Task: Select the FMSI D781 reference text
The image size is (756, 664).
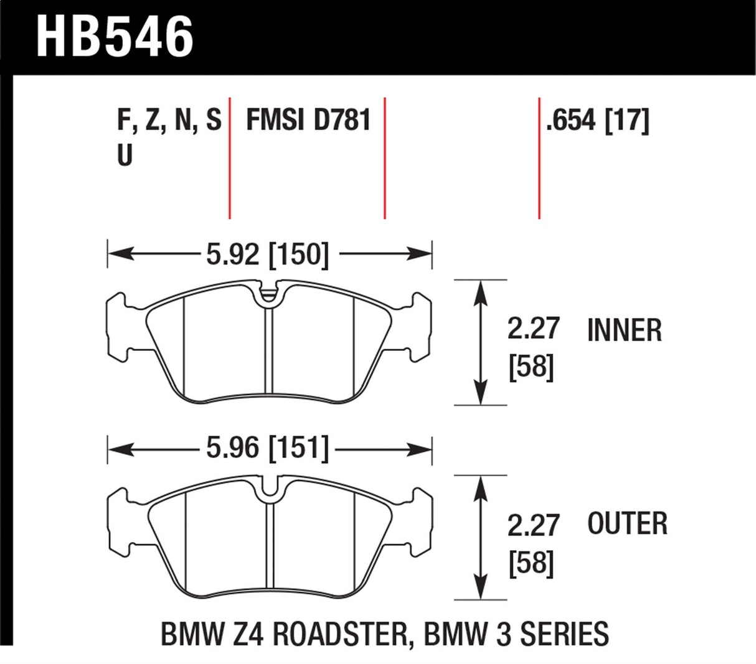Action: tap(308, 120)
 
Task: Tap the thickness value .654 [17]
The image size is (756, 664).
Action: tap(597, 120)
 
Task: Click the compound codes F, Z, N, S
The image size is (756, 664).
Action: tap(169, 121)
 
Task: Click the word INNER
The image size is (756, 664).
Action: tap(624, 330)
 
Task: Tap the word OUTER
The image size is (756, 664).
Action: tap(627, 523)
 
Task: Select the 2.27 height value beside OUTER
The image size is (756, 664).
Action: tap(534, 526)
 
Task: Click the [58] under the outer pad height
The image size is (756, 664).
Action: tap(531, 564)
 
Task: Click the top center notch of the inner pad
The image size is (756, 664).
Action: tap(268, 293)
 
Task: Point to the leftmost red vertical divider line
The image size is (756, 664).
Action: tap(230, 158)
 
